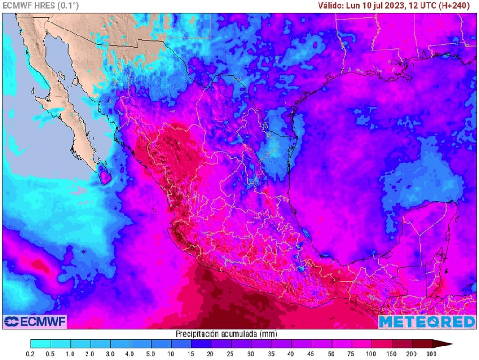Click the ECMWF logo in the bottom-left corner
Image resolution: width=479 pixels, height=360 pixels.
tap(35, 321)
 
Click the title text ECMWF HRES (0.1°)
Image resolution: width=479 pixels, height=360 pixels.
tap(41, 6)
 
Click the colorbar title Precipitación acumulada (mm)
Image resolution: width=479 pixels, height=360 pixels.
tap(226, 334)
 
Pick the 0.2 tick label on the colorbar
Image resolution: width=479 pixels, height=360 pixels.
tap(30, 354)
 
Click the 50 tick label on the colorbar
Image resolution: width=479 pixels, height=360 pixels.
tap(332, 354)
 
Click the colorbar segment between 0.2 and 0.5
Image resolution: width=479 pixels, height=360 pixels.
tap(41, 344)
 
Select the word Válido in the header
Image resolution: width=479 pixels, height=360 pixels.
tap(330, 6)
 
